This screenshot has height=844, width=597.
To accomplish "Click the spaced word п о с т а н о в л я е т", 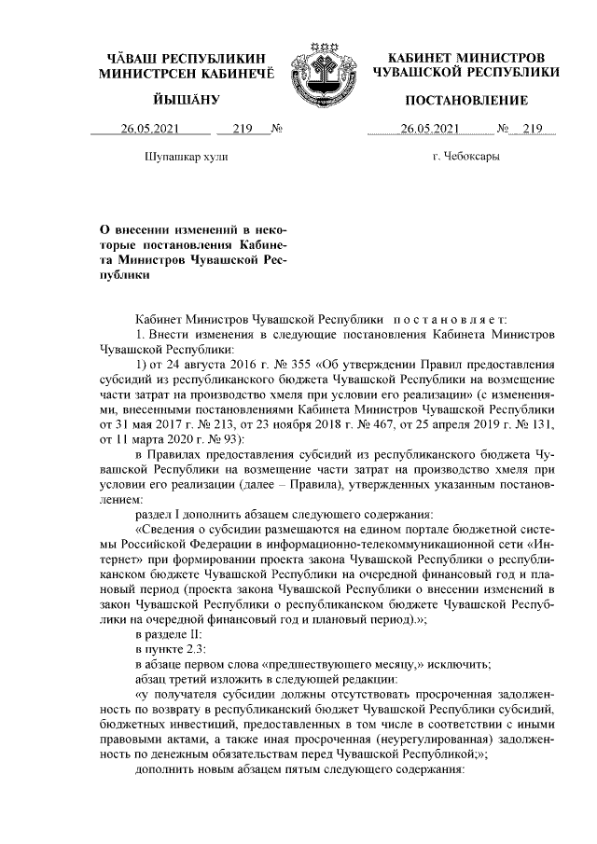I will click(453, 319).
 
